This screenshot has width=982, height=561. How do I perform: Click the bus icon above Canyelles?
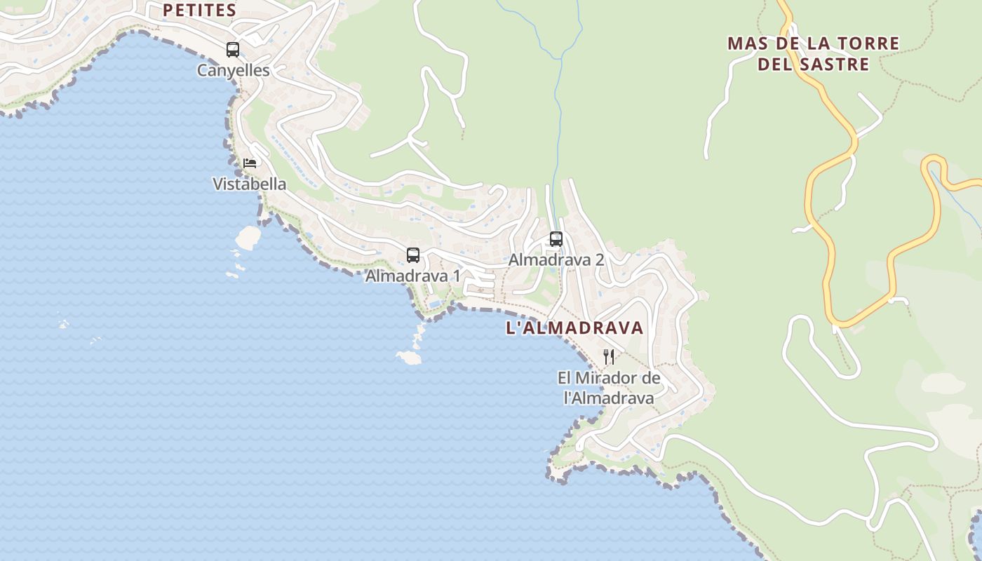point(233,50)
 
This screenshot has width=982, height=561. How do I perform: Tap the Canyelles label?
point(233,71)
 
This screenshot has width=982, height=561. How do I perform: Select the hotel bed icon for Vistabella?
point(250,163)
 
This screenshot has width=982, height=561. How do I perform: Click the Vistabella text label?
point(249,184)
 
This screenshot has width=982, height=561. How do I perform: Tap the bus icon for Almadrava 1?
point(413,255)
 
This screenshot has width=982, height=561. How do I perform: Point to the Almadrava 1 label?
point(412,276)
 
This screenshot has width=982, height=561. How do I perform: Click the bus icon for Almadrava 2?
point(556,239)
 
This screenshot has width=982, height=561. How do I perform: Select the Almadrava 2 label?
point(556,260)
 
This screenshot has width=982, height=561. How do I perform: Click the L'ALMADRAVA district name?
point(574,328)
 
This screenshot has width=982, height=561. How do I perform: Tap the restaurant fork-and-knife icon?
point(609,357)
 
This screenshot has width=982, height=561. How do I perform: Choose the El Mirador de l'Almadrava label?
point(609,388)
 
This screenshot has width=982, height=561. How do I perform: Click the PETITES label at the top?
point(199,11)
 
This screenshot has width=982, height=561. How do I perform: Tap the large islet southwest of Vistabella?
point(248,238)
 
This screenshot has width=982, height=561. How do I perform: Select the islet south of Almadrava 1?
point(409,358)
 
